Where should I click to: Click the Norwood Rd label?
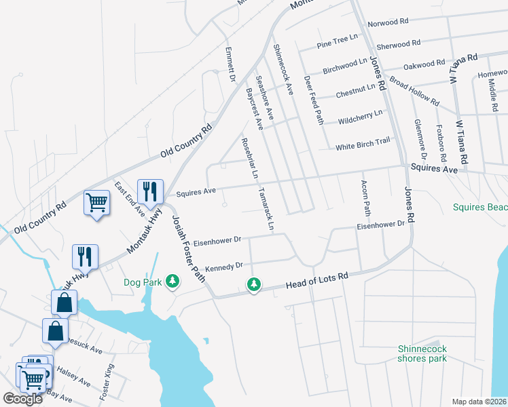[x=388, y=22]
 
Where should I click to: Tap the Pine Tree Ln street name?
[x=338, y=43]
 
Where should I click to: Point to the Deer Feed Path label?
[x=314, y=99]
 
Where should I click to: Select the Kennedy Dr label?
[x=224, y=266]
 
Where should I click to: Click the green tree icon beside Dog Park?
[x=173, y=281]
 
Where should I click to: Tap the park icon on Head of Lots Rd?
[x=254, y=284]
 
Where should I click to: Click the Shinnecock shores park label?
[x=422, y=353]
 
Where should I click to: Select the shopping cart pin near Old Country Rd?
[x=96, y=201]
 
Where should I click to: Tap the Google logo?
[x=23, y=399]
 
